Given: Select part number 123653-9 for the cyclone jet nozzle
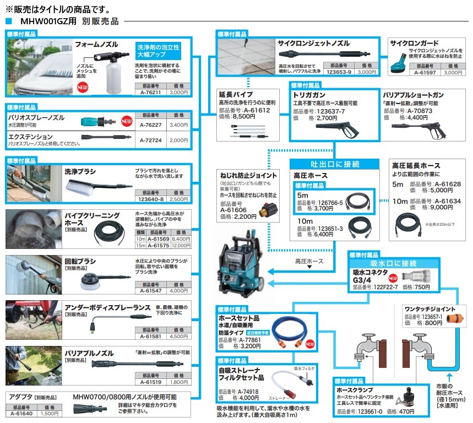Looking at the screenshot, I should pyautogui.click(x=339, y=72).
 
